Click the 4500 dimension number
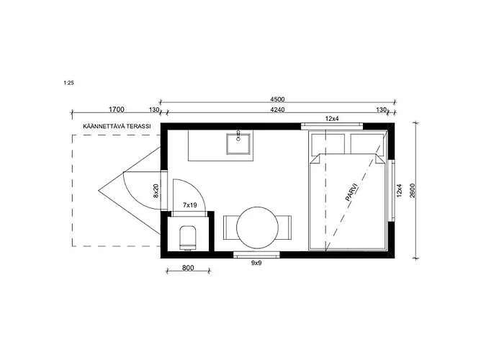point(277,99)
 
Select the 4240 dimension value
point(277,109)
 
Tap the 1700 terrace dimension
point(117,109)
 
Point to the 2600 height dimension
point(413,190)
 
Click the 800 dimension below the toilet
point(188,268)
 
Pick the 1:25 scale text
point(69,83)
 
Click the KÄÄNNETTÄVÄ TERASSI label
point(117,126)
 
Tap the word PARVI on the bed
point(351,192)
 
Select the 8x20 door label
point(156,191)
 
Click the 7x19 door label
point(189,204)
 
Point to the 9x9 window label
point(256,263)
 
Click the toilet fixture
point(188,238)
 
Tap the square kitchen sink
point(239,144)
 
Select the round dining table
point(258,228)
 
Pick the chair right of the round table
point(285,228)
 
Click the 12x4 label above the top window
point(332,119)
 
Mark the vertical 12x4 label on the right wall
point(399,190)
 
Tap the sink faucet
point(238,135)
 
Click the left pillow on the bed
point(328,144)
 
